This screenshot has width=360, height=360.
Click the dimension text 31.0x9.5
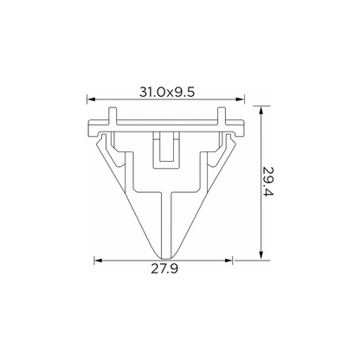pyautogui.click(x=167, y=93)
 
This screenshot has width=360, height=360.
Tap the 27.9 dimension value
pyautogui.click(x=164, y=269)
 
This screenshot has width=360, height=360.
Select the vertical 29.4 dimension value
pyautogui.click(x=267, y=181)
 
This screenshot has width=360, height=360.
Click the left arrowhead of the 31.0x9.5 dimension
pyautogui.click(x=91, y=100)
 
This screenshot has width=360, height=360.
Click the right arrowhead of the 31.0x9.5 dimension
pyautogui.click(x=240, y=100)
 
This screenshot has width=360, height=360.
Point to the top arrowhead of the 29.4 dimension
pyautogui.click(x=261, y=111)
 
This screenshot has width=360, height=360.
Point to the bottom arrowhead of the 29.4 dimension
pyautogui.click(x=261, y=255)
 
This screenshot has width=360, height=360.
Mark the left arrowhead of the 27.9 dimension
pyautogui.click(x=99, y=260)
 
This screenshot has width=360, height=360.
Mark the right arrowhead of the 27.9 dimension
pyautogui.click(x=228, y=260)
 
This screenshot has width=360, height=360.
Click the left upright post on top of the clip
pyautogui.click(x=112, y=116)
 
